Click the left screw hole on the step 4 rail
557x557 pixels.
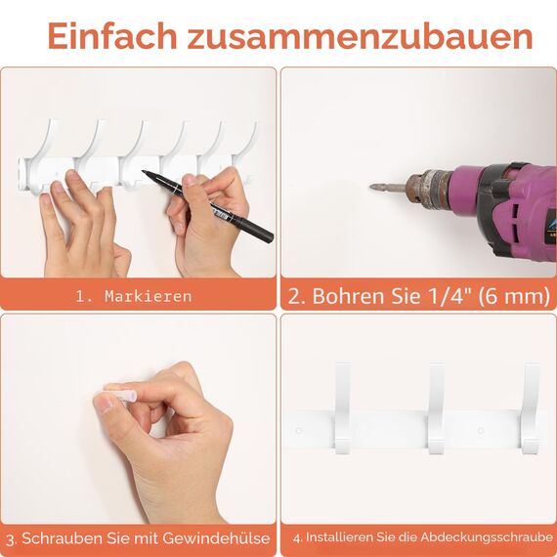[x=299, y=430]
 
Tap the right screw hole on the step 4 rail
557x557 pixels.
[x=480, y=430]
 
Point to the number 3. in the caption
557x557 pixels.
[x=11, y=538]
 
